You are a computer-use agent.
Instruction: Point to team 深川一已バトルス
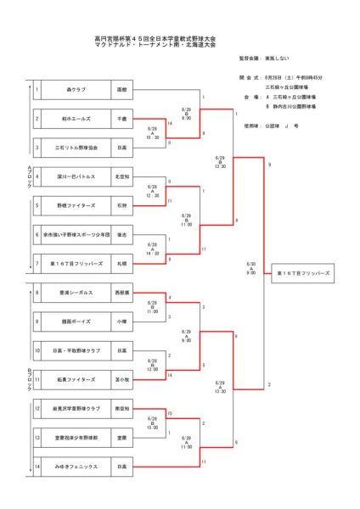[76, 177]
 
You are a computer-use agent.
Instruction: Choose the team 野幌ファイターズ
[76, 205]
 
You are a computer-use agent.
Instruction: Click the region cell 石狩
[122, 205]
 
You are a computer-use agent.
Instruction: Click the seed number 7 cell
[37, 264]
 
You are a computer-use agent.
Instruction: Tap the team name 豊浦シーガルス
[76, 294]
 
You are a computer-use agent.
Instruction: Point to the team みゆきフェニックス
[76, 467]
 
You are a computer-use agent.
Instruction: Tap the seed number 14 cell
[37, 467]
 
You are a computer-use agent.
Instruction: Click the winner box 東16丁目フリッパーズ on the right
[303, 274]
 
